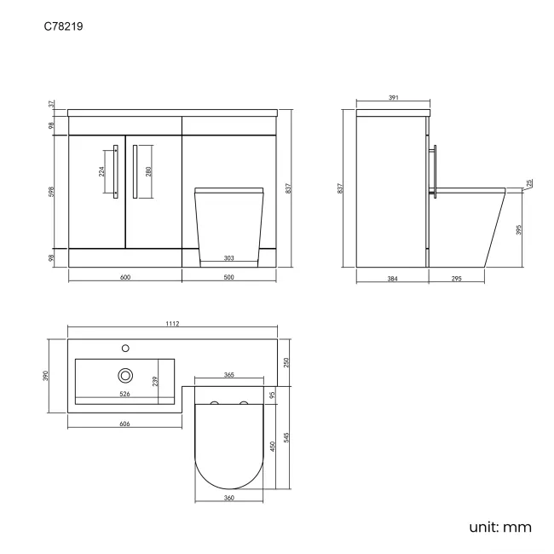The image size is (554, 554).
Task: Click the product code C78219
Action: pos(63,26)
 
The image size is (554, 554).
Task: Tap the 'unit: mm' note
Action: pos(499,527)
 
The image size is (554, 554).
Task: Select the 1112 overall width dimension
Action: pos(174,324)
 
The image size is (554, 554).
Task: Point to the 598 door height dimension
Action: pos(51,191)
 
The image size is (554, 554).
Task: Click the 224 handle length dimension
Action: pos(102,170)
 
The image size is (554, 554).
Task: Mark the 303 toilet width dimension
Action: pos(228,257)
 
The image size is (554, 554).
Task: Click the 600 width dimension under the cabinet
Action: pos(124,277)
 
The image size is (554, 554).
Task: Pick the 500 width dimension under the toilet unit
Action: pos(228,277)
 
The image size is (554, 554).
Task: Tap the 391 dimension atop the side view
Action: pos(394,99)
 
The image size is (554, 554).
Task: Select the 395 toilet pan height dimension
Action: pos(519,229)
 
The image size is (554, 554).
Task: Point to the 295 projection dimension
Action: pos(457,278)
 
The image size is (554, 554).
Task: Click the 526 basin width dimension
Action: pos(124,394)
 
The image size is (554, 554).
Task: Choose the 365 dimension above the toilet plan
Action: pos(228,375)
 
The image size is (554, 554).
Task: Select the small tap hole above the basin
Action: pos(125,348)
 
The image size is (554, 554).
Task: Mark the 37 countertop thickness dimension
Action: pos(51,104)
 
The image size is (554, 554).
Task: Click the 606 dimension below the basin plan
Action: pos(124,424)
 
